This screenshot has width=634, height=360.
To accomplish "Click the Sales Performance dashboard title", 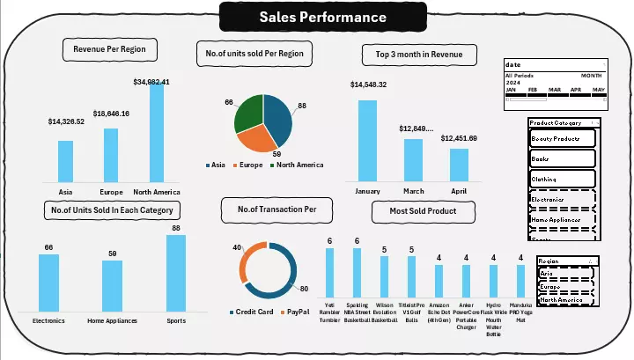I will [322, 17].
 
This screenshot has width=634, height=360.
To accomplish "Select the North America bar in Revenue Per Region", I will [157, 132].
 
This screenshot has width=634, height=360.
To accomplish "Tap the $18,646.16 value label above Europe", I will [112, 114].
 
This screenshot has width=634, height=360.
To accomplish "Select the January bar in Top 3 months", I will [367, 139].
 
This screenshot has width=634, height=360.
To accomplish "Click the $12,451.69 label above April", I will [459, 138].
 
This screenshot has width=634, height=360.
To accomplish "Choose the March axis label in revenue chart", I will [413, 189].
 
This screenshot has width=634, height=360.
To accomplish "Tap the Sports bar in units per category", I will [176, 272].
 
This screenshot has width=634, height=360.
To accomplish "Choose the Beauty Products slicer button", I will [562, 139].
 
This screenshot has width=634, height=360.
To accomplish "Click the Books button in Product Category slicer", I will [562, 159].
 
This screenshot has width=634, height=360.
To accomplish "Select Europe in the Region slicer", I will [564, 287].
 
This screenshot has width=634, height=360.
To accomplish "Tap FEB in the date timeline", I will [533, 91].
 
